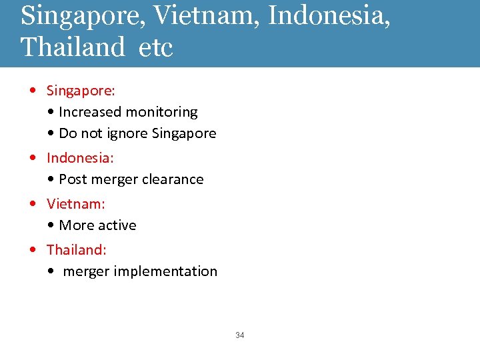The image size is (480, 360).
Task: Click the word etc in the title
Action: pyautogui.click(x=157, y=47)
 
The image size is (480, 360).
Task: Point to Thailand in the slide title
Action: pyautogui.click(x=73, y=47)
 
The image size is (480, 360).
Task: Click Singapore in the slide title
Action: pyautogui.click(x=82, y=15)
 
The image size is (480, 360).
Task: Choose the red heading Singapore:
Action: pyautogui.click(x=81, y=90)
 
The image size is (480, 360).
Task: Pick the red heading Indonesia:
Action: pyautogui.click(x=80, y=158)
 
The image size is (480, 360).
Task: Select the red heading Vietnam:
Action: pyautogui.click(x=76, y=203)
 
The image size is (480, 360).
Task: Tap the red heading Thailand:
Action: pyautogui.click(x=77, y=249)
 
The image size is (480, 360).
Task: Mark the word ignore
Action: pyautogui.click(x=129, y=133)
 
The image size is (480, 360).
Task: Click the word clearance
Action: pyautogui.click(x=172, y=179)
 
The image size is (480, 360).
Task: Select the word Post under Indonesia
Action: pyautogui.click(x=72, y=179)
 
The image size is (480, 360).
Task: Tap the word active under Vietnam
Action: pyautogui.click(x=117, y=225)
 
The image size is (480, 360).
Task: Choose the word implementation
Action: pyautogui.click(x=165, y=271)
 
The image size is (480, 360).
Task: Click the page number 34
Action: pyautogui.click(x=240, y=335)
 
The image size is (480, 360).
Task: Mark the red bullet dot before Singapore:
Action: pyautogui.click(x=33, y=90)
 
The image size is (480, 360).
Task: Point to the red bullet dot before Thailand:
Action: pyautogui.click(x=33, y=250)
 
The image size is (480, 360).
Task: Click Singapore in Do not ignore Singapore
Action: pyautogui.click(x=184, y=133)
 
